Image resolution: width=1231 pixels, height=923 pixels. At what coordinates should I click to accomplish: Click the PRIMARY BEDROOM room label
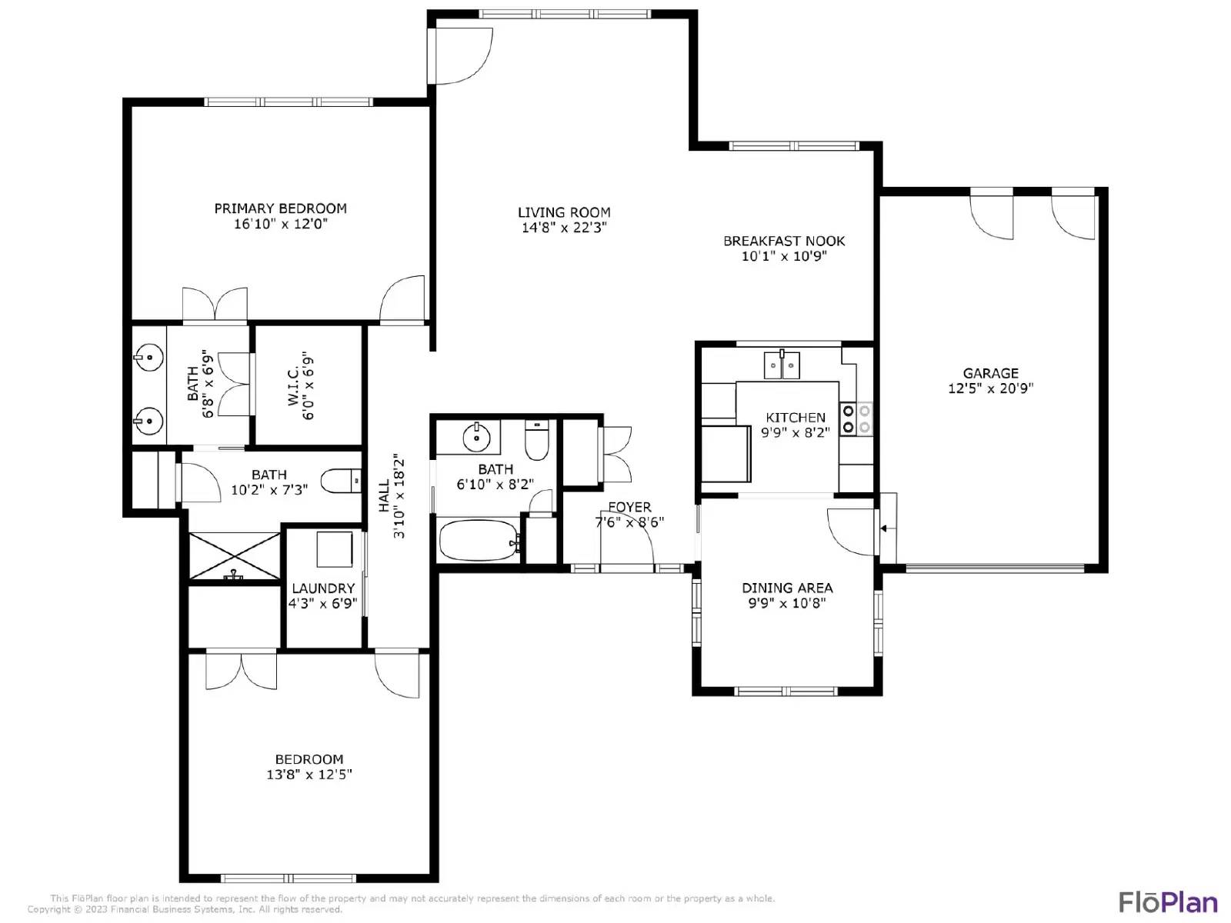[x=280, y=208]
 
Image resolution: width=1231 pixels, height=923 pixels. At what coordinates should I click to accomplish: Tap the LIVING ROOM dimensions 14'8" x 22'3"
[x=564, y=228]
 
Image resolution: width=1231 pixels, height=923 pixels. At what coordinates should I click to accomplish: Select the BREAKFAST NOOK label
[x=784, y=241]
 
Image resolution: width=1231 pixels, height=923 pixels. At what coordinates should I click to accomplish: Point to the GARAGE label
[x=990, y=373]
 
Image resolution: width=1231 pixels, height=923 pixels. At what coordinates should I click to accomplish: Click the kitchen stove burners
[x=856, y=419]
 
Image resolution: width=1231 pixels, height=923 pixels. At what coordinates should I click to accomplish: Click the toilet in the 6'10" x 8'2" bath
[x=537, y=441]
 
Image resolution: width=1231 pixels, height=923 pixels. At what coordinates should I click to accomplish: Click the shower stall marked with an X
[x=235, y=555]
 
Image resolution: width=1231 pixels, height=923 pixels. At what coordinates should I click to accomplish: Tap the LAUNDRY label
[x=323, y=588]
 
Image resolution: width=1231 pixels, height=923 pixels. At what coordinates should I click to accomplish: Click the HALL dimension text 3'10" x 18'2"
[x=399, y=496]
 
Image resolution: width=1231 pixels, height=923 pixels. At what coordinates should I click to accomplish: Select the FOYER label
[x=630, y=507]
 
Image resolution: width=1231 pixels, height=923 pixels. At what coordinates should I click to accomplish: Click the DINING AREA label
[x=787, y=588]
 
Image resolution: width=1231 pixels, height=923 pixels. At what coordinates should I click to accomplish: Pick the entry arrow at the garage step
[x=886, y=528]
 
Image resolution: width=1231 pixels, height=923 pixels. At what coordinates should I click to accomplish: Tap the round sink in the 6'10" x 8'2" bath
[x=477, y=437]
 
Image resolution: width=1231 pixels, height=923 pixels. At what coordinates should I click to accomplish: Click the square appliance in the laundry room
[x=335, y=549]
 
